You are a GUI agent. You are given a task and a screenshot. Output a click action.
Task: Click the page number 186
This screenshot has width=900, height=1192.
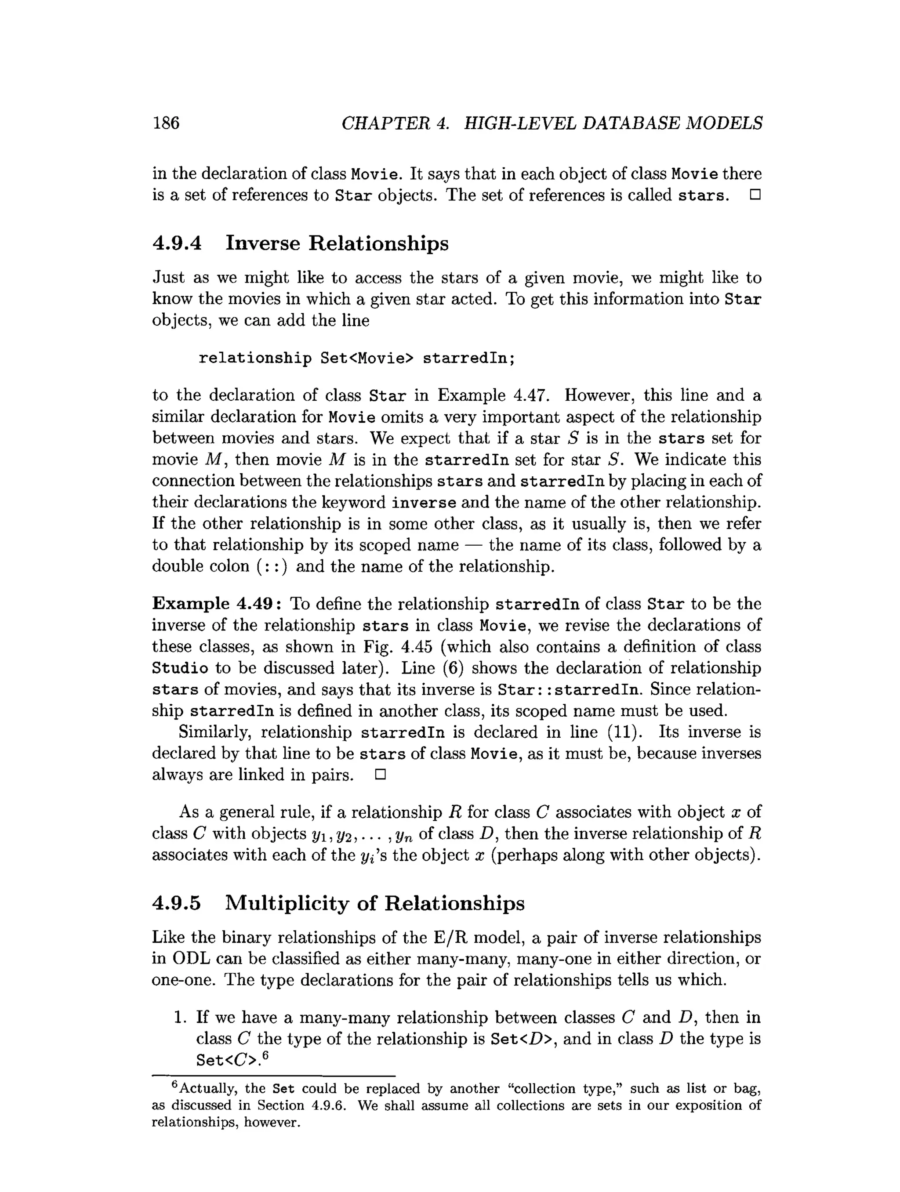pyautogui.click(x=166, y=123)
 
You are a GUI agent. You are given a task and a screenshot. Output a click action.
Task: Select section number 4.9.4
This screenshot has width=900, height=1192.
pyautogui.click(x=177, y=243)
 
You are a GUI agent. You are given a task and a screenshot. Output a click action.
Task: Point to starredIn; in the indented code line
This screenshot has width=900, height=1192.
pyautogui.click(x=469, y=359)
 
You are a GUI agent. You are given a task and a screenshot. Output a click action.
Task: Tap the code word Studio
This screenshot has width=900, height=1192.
pyautogui.click(x=180, y=669)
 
